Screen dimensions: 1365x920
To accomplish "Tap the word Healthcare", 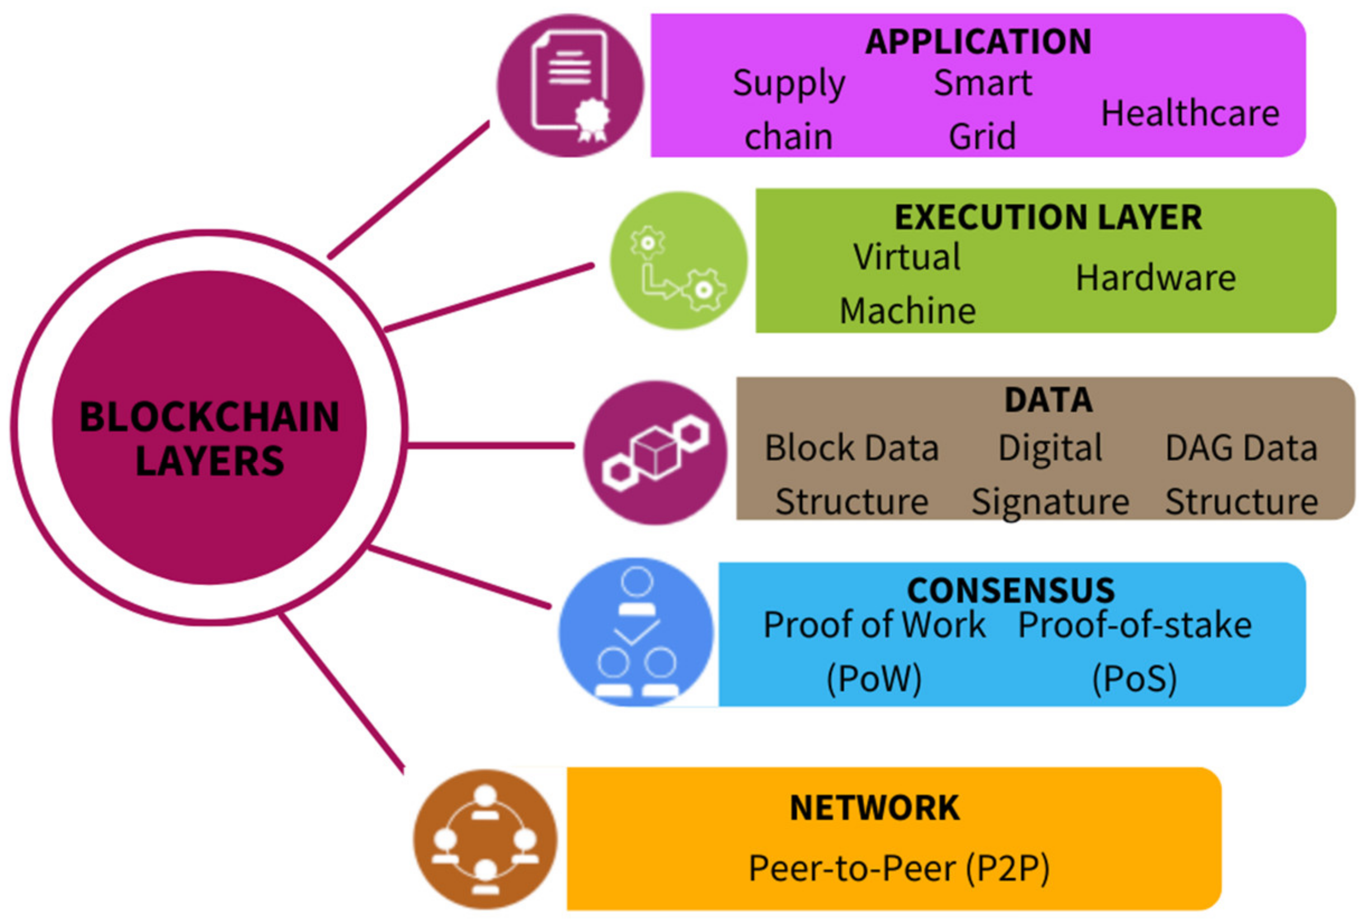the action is tap(1190, 112).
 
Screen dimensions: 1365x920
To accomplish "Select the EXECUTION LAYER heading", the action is tap(1048, 217).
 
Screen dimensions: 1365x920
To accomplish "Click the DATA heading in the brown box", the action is tap(1048, 400).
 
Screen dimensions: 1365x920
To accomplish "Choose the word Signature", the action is tap(1051, 502).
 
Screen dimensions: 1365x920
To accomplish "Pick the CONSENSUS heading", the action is tap(1010, 590).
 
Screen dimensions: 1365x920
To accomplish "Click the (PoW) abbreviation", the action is tap(874, 678).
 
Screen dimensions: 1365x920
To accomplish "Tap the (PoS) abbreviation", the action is tap(1135, 678).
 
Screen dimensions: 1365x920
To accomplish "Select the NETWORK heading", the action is tap(874, 808).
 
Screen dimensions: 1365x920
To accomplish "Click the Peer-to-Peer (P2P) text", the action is tap(899, 869).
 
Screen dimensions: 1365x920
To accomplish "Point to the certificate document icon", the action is tap(570, 86).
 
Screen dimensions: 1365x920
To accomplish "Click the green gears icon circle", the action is tap(679, 261).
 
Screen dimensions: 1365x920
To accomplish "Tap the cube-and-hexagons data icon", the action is tap(656, 452).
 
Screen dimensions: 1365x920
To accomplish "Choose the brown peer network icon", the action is tap(484, 839).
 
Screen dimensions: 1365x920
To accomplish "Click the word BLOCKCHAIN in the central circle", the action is tap(209, 417).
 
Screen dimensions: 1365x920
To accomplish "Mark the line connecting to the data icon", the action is tap(491, 446).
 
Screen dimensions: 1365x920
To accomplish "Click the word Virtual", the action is tap(907, 257).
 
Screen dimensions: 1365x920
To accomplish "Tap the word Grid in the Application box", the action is tap(982, 136).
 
